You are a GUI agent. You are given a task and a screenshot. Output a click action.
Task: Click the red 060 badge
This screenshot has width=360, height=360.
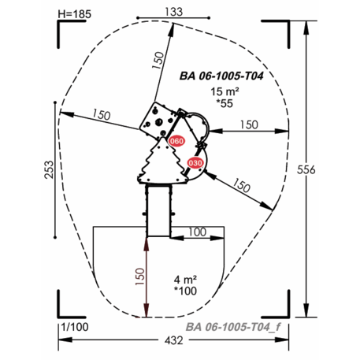(x=176, y=141)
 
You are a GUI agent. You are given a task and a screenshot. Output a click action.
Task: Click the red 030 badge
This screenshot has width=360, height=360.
(x=195, y=163)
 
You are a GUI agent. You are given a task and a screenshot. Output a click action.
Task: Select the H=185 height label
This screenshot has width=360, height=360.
(x=75, y=14)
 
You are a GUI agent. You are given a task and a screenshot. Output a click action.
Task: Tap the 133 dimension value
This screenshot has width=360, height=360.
(x=174, y=12)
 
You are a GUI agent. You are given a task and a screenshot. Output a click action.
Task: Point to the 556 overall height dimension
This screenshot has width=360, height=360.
(x=306, y=170)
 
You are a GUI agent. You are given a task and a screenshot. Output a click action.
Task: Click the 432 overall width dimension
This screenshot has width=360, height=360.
(x=174, y=340)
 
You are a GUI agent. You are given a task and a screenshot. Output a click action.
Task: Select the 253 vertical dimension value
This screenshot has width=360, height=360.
(x=49, y=170)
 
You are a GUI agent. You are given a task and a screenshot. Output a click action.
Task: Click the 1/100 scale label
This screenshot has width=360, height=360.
(x=75, y=327)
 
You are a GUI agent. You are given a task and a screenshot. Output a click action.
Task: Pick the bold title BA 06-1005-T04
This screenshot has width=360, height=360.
(x=221, y=76)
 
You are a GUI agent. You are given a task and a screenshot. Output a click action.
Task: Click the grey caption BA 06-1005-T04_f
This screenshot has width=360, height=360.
(x=233, y=327)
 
